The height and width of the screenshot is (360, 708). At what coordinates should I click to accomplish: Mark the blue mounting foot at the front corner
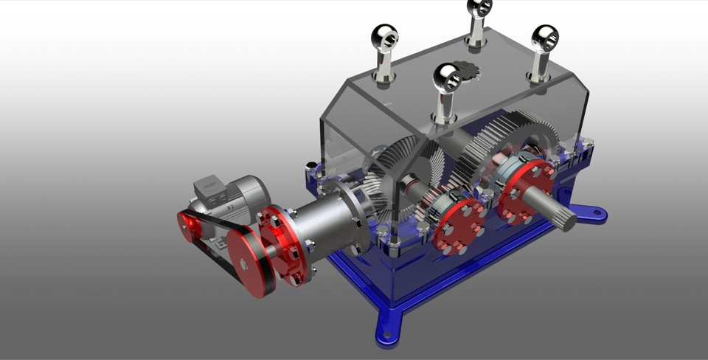[389, 328]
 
